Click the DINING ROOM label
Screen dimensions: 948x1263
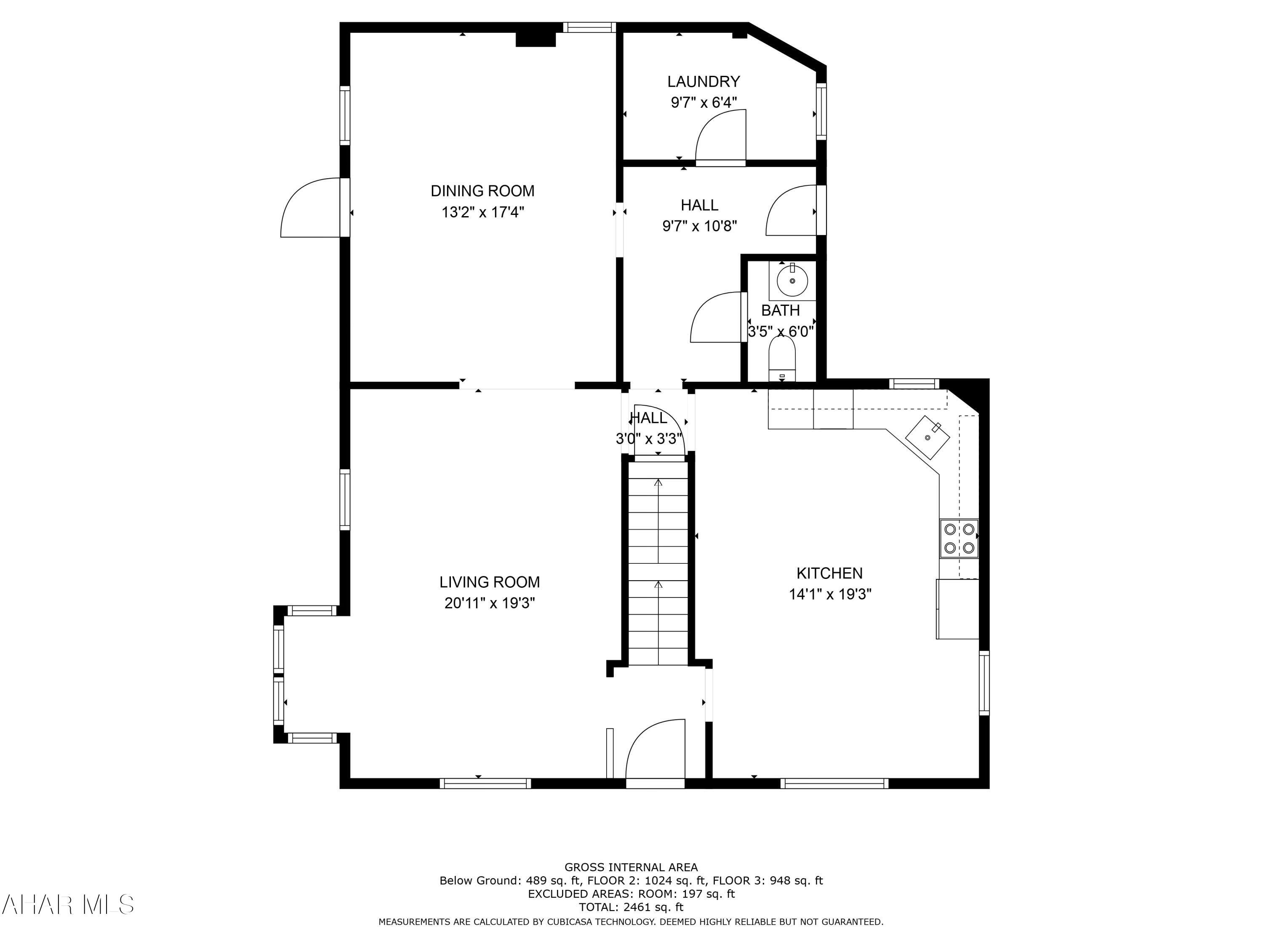pos(482,191)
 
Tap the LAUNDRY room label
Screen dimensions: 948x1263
pos(703,82)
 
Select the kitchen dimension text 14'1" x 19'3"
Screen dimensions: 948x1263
pos(830,594)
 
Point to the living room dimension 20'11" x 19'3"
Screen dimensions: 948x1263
pos(489,603)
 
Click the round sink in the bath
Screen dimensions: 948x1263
pos(792,281)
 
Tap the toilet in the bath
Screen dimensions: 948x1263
pos(782,357)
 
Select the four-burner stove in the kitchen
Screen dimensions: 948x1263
pos(959,538)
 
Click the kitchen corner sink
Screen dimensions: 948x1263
pos(927,437)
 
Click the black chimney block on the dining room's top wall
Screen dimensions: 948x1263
pos(536,39)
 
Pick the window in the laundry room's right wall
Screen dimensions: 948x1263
pos(821,111)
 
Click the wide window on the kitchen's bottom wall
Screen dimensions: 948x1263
pos(834,783)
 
